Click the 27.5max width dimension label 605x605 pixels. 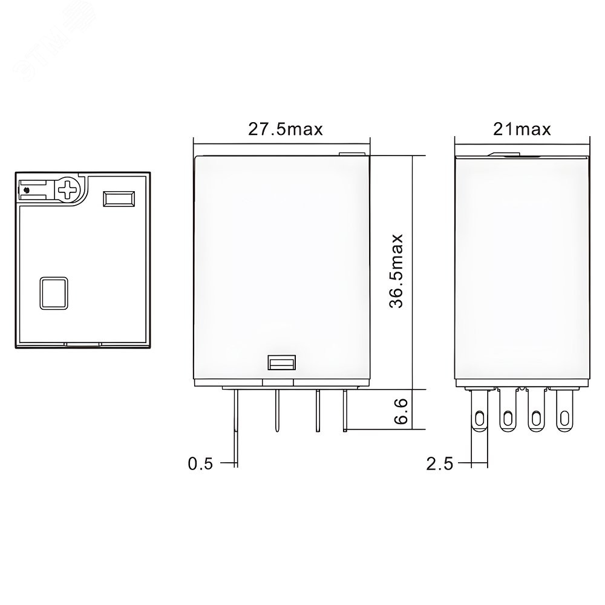[285, 129]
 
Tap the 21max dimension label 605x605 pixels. [522, 129]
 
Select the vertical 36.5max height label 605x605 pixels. [396, 271]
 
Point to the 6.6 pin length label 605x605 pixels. [401, 411]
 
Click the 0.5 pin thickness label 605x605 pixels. [200, 463]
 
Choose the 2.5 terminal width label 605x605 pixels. [440, 463]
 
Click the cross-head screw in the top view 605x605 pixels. [68, 189]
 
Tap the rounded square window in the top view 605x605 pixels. [54, 293]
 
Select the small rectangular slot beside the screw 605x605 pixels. [119, 198]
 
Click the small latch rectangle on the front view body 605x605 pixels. [282, 362]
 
